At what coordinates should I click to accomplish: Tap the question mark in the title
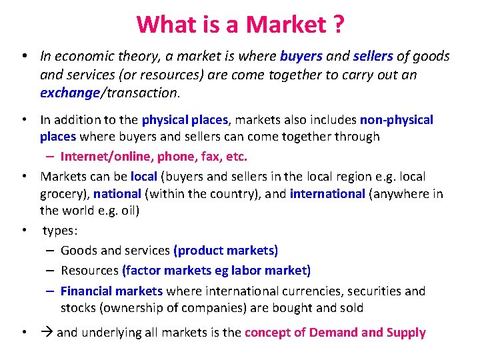(337, 25)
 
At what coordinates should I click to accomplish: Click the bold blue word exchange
(69, 93)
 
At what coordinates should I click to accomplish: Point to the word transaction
(141, 93)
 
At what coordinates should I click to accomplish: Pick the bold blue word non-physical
(396, 120)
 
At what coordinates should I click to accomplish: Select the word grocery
(63, 194)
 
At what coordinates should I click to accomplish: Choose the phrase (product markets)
(225, 251)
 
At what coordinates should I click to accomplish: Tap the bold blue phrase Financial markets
(111, 291)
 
